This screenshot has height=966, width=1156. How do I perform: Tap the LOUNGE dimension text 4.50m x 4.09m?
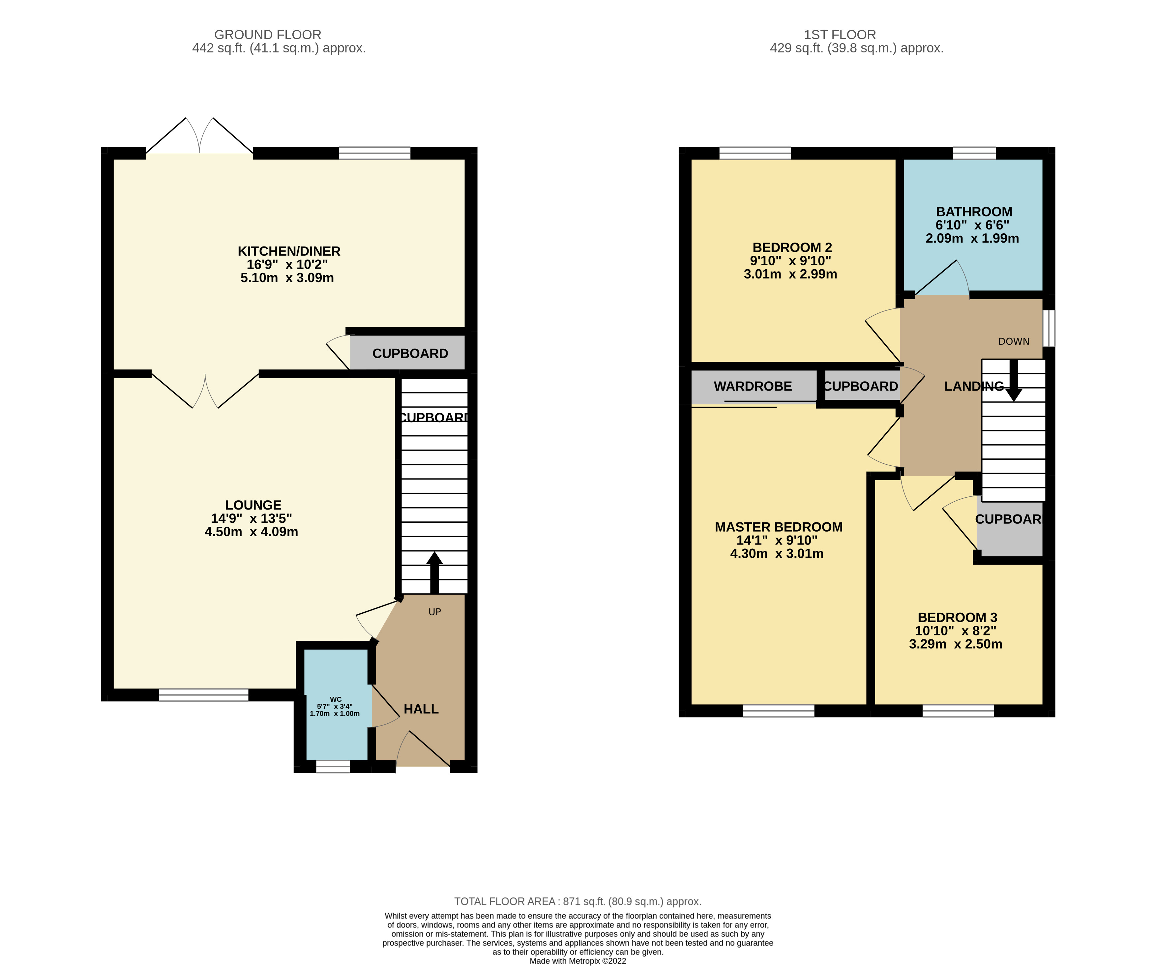251,532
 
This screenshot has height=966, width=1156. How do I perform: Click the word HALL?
421,709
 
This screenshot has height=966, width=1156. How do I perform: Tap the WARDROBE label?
753,386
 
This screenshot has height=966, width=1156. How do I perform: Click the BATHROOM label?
974,212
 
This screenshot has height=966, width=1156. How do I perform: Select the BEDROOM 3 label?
957,618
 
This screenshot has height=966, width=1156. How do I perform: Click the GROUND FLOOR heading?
268,35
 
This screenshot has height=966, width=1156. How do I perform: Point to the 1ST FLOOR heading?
840,35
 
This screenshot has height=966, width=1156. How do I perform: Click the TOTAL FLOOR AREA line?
578,902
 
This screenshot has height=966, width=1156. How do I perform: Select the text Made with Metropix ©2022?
578,961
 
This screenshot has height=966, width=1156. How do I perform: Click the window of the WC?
333,766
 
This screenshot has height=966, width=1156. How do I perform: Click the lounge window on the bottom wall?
204,695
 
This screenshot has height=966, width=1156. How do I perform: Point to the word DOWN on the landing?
1013,341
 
